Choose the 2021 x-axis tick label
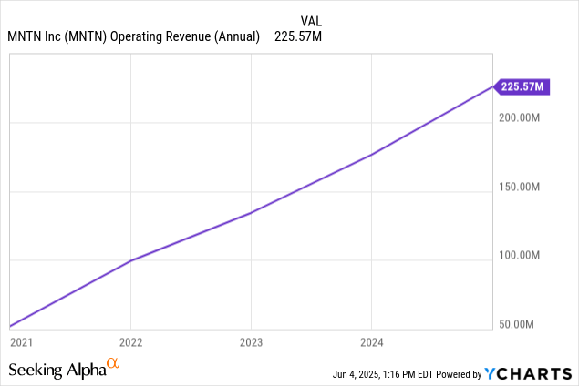pos(20,342)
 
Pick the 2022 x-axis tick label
pos(131,342)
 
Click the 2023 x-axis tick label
pos(252,342)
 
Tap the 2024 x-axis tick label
pos(372,342)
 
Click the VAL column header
pos(311,20)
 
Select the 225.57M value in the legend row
pos(298,36)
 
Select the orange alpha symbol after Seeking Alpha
pos(113,365)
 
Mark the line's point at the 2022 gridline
pos(131,260)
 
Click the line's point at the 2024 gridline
pos(372,155)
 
